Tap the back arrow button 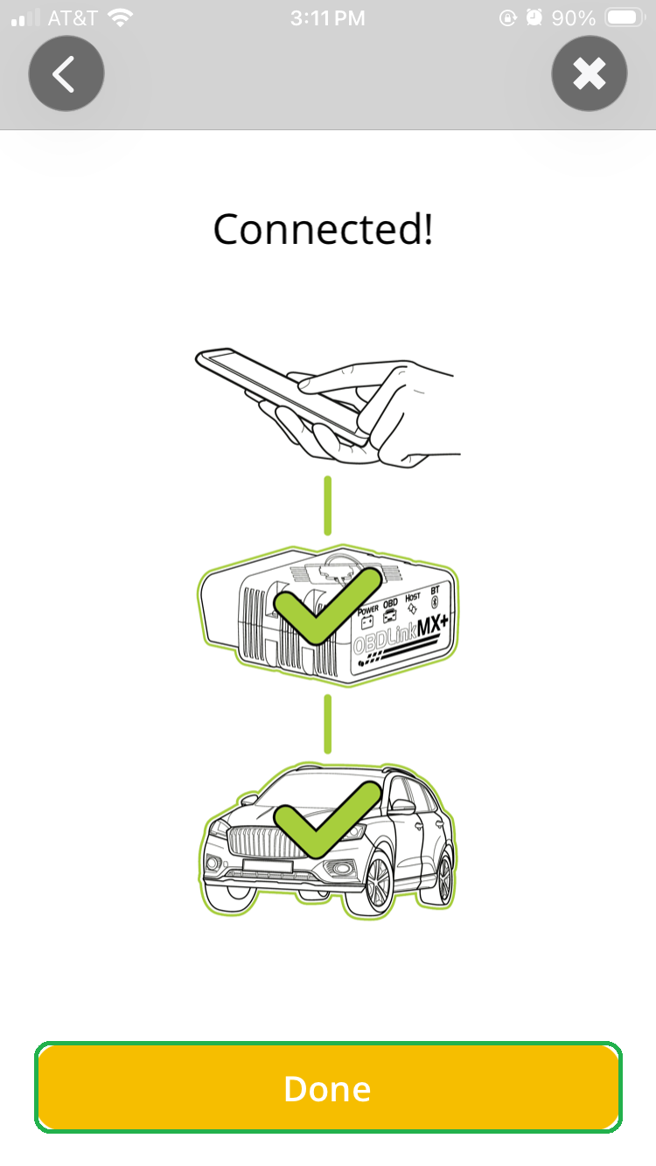[66, 73]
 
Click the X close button [590, 73]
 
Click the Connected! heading [323, 229]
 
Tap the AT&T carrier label [73, 18]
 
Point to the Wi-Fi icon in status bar [120, 18]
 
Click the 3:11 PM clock [328, 18]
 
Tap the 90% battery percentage [573, 18]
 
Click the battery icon [625, 17]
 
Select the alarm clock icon [534, 17]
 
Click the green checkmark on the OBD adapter [327, 606]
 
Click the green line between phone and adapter [328, 506]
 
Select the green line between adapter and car [328, 724]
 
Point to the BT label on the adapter [435, 590]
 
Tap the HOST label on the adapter [413, 596]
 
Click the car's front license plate [268, 866]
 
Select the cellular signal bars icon [25, 17]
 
